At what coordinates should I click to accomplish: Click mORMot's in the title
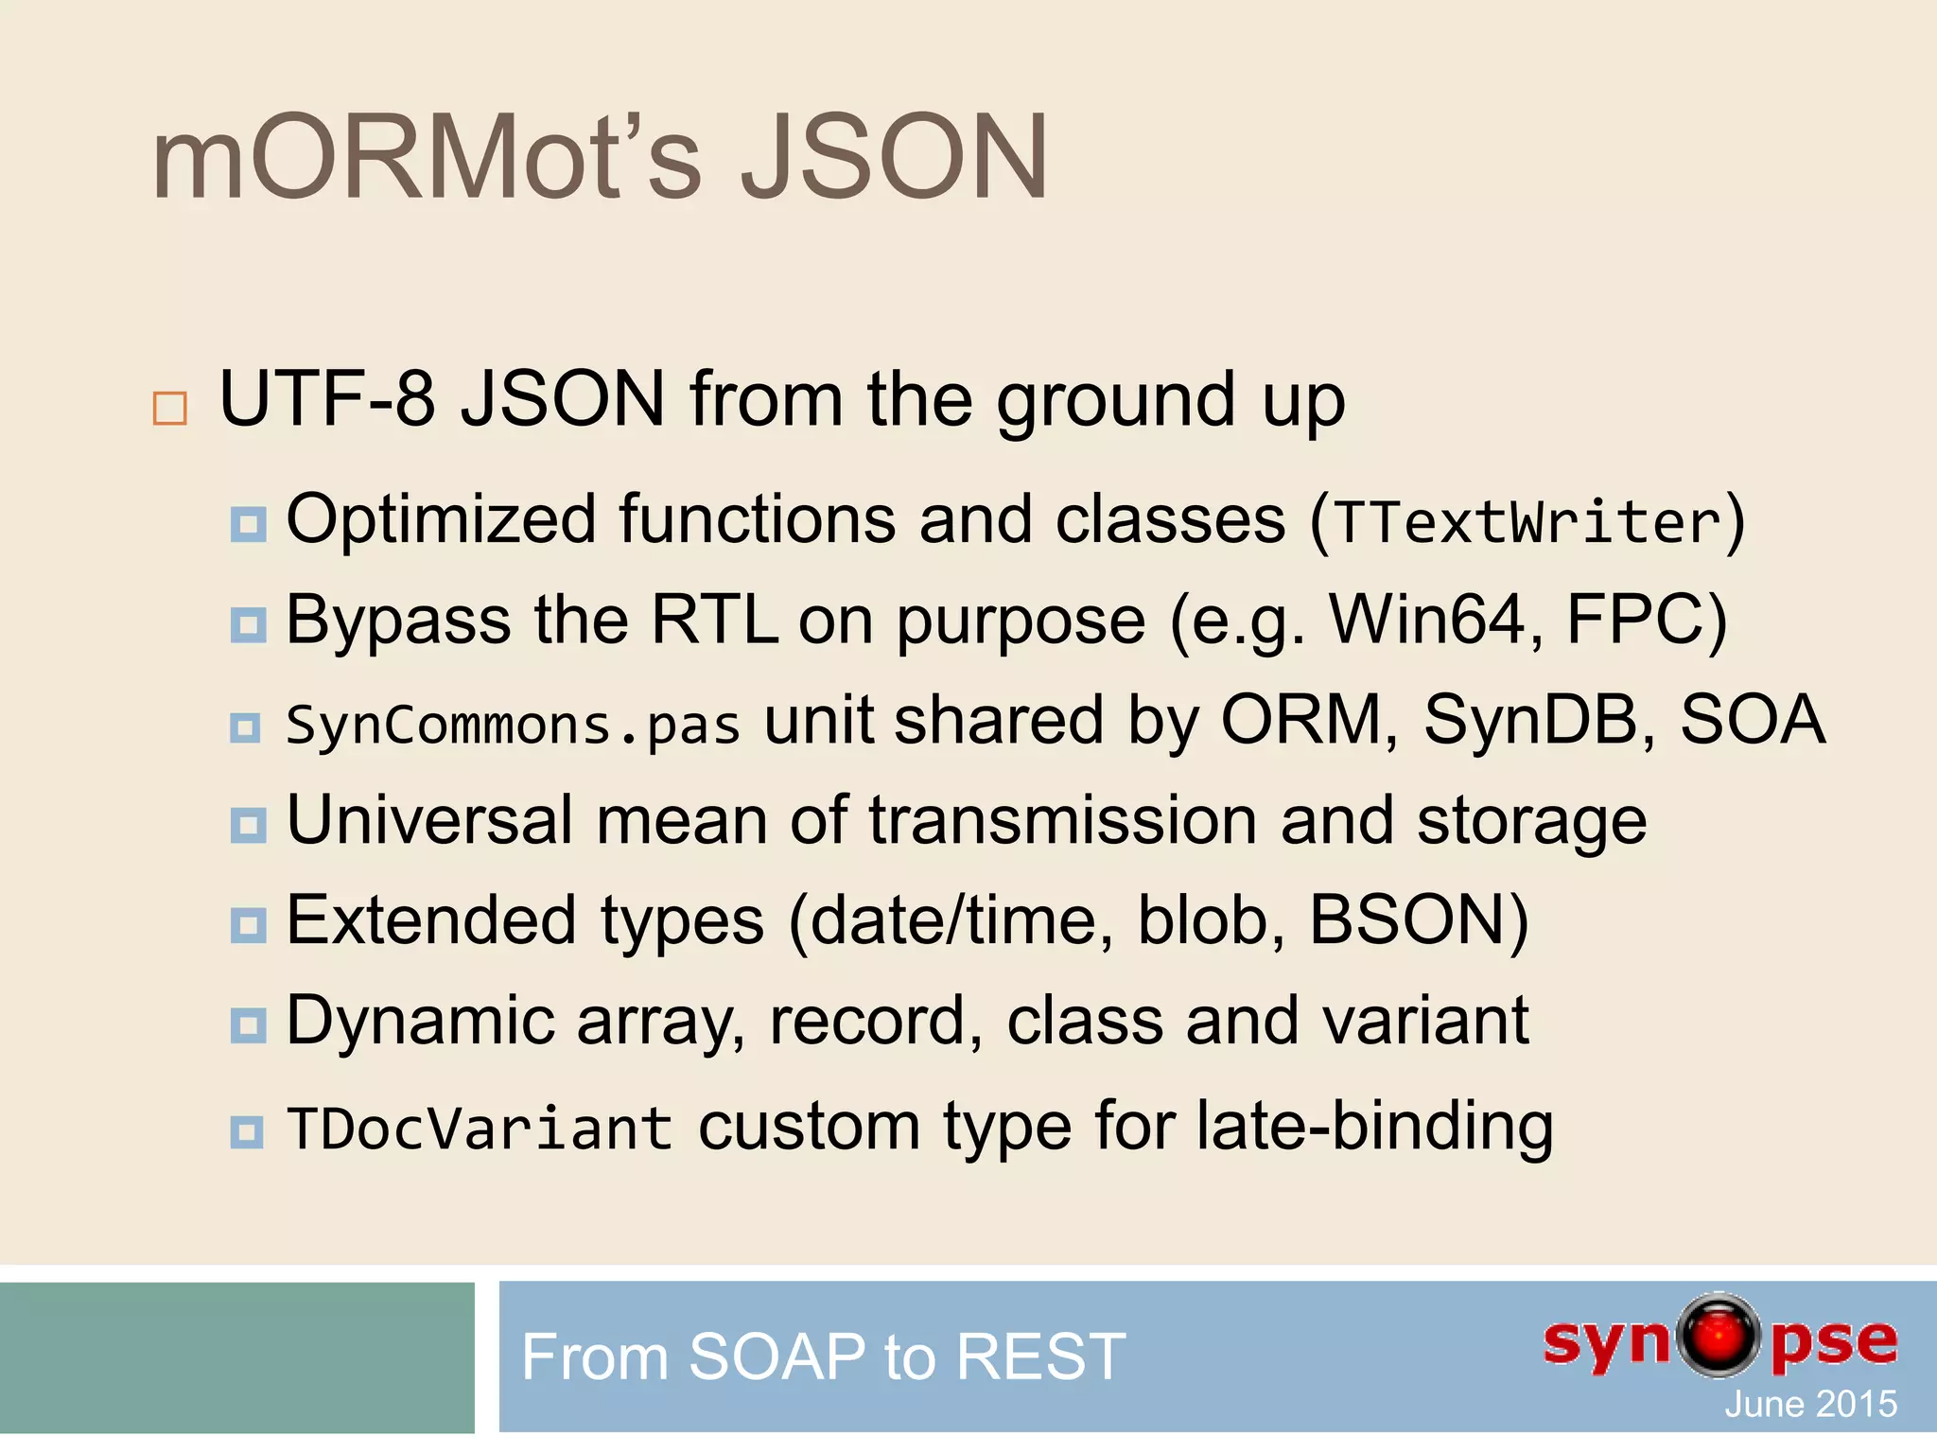tap(426, 158)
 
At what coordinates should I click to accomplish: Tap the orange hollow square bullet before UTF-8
tap(170, 409)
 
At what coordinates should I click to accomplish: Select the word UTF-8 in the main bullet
tap(326, 399)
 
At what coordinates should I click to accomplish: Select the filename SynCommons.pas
tap(513, 726)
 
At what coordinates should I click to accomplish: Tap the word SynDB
tap(1539, 721)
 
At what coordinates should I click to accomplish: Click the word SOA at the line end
tap(1752, 721)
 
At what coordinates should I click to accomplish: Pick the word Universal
tap(429, 820)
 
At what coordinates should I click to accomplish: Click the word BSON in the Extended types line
tap(1407, 920)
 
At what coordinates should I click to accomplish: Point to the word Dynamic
tap(420, 1022)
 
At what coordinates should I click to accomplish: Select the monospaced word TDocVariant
tap(480, 1129)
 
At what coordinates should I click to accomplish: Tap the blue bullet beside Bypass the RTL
tap(248, 624)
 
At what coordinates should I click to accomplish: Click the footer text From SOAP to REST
tap(823, 1357)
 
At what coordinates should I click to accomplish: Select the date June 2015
tap(1810, 1404)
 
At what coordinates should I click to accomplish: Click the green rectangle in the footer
tap(236, 1357)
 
